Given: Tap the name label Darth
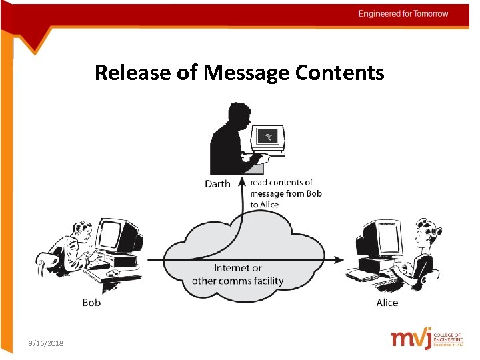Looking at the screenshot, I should [217, 184].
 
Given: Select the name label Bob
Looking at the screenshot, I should [91, 303].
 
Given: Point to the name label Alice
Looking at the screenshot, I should [387, 303].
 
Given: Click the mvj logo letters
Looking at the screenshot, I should [412, 339].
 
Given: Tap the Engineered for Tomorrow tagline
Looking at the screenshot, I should [403, 13].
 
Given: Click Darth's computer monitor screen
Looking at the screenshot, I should [268, 137].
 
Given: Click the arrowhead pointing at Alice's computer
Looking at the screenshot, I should [340, 259].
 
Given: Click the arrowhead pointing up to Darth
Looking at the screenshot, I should [241, 180].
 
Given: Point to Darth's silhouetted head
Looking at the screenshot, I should [237, 114].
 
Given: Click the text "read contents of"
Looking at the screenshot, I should [281, 183].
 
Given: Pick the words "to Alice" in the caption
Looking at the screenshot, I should [265, 205].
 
